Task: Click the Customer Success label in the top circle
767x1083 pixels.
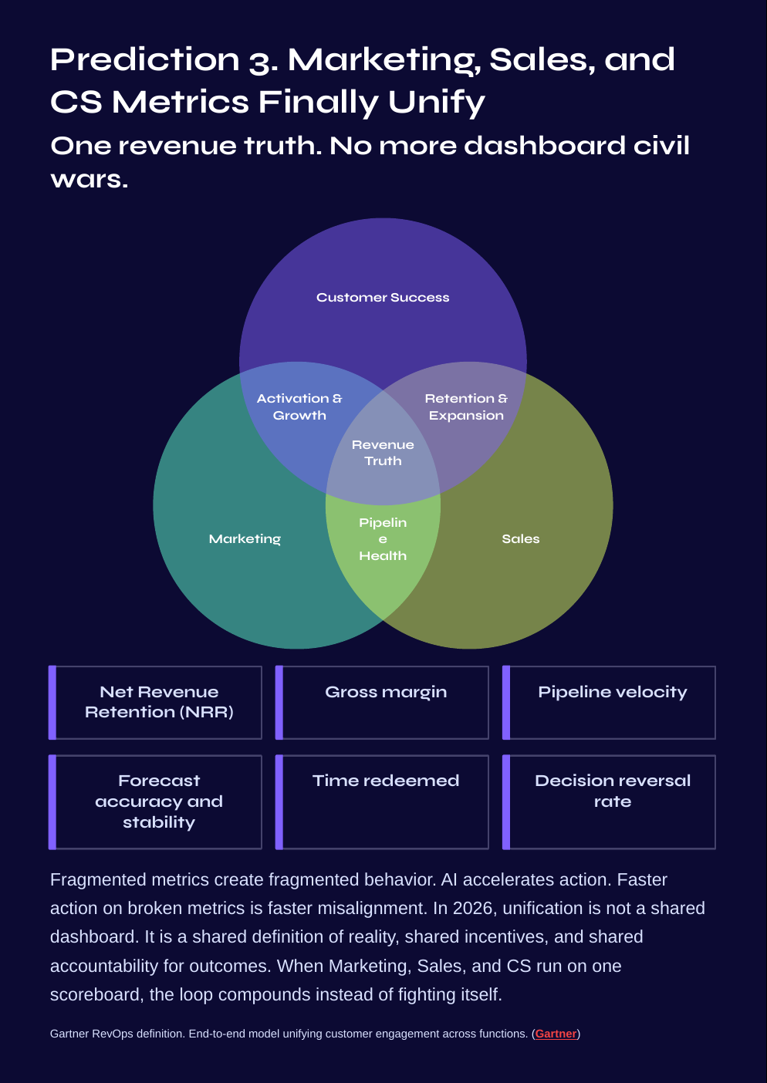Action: pos(383,298)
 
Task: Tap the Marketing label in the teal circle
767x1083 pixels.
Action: pos(245,539)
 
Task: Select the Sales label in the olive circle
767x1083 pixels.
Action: pos(521,539)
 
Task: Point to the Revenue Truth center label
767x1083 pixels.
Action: pos(383,453)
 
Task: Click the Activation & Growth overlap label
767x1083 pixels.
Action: pos(299,407)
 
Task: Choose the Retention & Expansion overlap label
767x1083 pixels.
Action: pos(466,407)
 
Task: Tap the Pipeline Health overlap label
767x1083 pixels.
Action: pos(383,539)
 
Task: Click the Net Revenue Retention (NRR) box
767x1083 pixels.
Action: pos(159,702)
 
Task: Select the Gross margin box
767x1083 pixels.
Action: pos(386,702)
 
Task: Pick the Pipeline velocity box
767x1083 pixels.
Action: pos(613,702)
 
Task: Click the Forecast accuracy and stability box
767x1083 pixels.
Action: pos(159,801)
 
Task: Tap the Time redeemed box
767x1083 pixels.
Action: pos(386,801)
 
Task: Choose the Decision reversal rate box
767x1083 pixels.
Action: pos(613,801)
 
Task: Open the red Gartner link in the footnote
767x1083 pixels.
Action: pos(556,1034)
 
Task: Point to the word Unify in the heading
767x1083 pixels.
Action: pos(437,103)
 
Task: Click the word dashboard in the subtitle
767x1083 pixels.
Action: pos(544,146)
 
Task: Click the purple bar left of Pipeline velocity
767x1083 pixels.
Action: pos(506,702)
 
